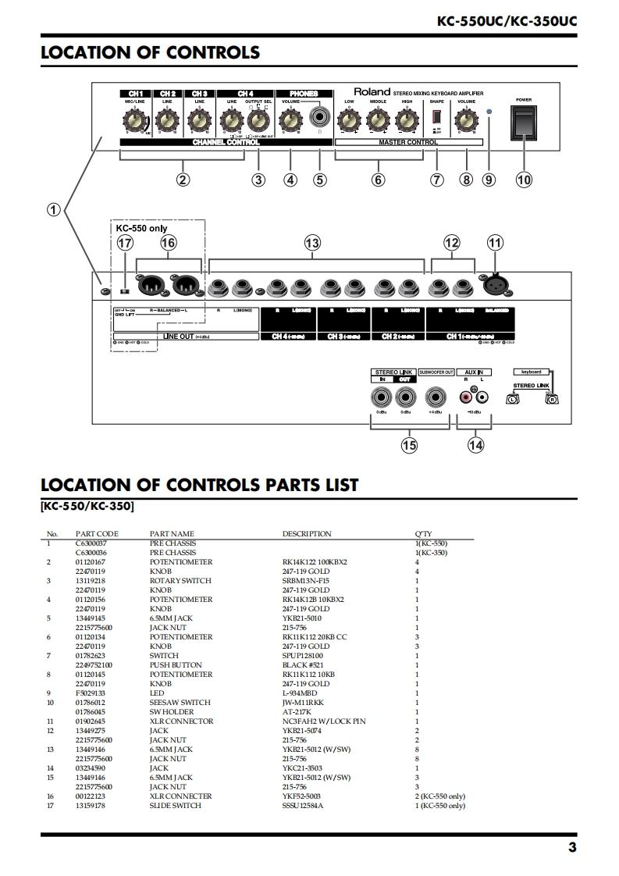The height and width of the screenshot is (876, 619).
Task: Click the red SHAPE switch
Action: pos(436,118)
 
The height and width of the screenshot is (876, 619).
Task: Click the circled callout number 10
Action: pos(524,180)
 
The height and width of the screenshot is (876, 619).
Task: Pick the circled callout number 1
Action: pos(54,209)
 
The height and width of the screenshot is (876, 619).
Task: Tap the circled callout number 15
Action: pos(408,446)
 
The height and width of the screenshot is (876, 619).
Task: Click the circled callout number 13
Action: pos(312,244)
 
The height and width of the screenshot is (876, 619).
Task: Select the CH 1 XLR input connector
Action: pos(495,287)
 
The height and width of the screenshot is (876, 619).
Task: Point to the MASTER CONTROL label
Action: pos(408,143)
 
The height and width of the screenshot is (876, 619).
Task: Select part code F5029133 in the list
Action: pos(91,693)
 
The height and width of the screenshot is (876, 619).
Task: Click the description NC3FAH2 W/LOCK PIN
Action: pos(323,721)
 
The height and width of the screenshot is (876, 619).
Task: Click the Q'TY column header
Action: pos(422,534)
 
